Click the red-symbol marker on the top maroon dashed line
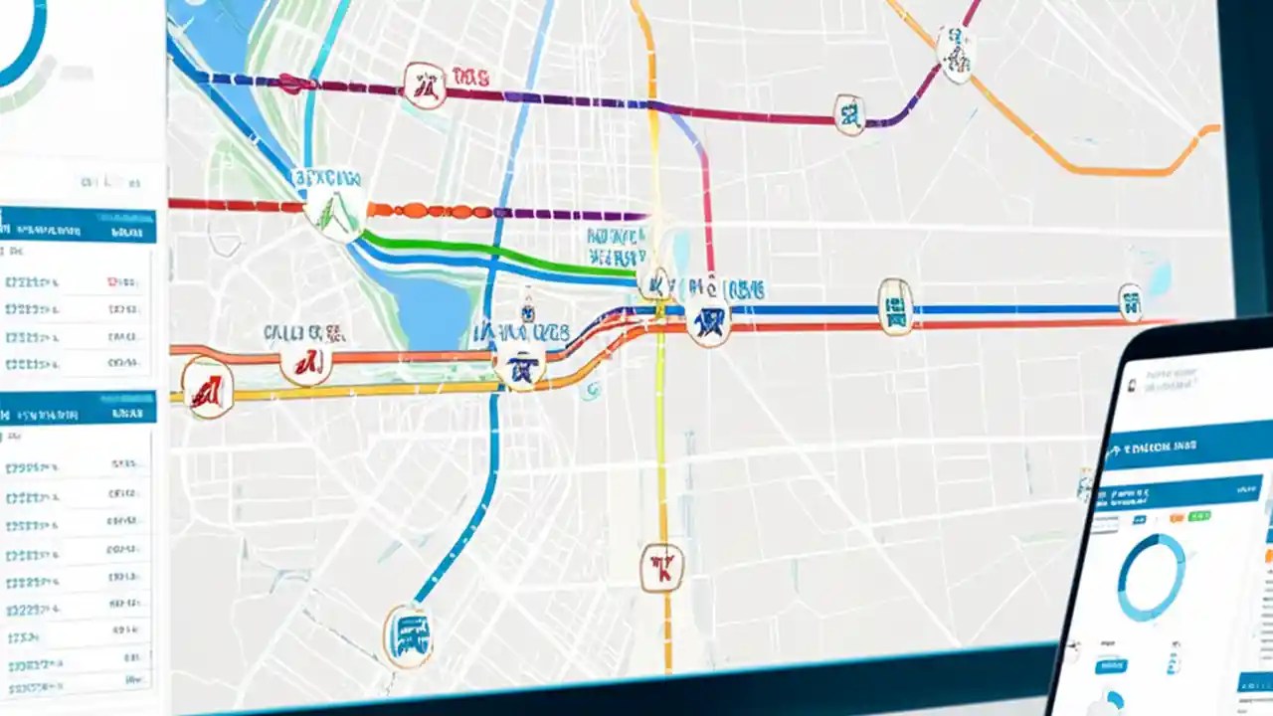coord(425,86)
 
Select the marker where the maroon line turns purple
coord(849,115)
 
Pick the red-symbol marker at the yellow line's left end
coord(208,388)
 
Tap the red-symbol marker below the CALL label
coord(306,362)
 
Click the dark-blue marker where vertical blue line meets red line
coord(519,366)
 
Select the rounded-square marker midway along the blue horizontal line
coord(895,305)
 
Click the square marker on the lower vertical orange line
coord(661,568)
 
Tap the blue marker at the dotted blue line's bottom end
coord(408,634)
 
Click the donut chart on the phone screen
coord(1152,578)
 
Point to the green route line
coord(497,250)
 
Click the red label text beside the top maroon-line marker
coord(469,76)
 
